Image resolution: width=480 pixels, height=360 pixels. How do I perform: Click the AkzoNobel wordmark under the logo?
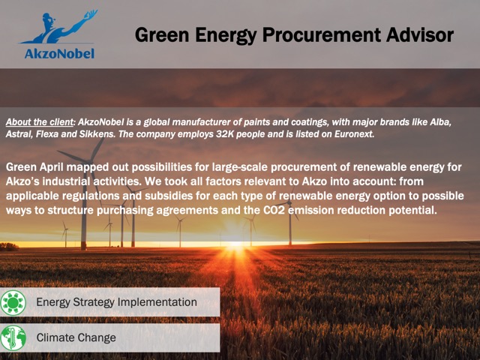[59, 53]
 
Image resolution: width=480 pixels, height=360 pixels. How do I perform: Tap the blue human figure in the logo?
[58, 27]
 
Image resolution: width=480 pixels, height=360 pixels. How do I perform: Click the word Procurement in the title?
[322, 35]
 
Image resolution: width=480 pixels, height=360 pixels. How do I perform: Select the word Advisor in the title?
[420, 35]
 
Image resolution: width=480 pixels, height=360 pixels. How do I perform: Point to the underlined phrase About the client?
[40, 122]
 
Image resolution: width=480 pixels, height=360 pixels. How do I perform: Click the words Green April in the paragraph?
[34, 167]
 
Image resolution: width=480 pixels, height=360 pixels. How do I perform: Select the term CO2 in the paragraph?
[274, 210]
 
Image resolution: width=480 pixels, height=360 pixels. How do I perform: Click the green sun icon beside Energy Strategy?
[13, 302]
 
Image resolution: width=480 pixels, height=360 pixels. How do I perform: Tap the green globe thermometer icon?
[13, 338]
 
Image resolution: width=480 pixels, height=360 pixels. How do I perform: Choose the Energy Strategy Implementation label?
[117, 302]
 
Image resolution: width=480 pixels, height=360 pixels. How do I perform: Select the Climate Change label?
[76, 337]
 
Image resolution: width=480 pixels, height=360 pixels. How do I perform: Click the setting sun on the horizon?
[235, 243]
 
